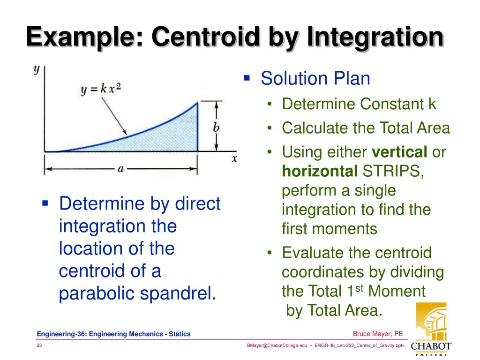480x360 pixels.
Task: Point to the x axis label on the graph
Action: point(234,158)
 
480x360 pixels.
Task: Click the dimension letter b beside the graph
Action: point(216,127)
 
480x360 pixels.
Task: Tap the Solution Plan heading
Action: point(315,78)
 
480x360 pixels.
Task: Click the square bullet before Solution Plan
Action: point(247,76)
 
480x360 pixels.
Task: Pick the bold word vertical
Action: point(399,152)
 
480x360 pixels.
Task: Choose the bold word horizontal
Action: point(319,172)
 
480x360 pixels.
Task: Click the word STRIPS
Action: point(392,172)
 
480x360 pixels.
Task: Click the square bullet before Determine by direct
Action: point(45,203)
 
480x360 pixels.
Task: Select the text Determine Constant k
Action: point(359,104)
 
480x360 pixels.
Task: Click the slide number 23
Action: point(40,345)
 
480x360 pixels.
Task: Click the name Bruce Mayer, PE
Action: point(378,334)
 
